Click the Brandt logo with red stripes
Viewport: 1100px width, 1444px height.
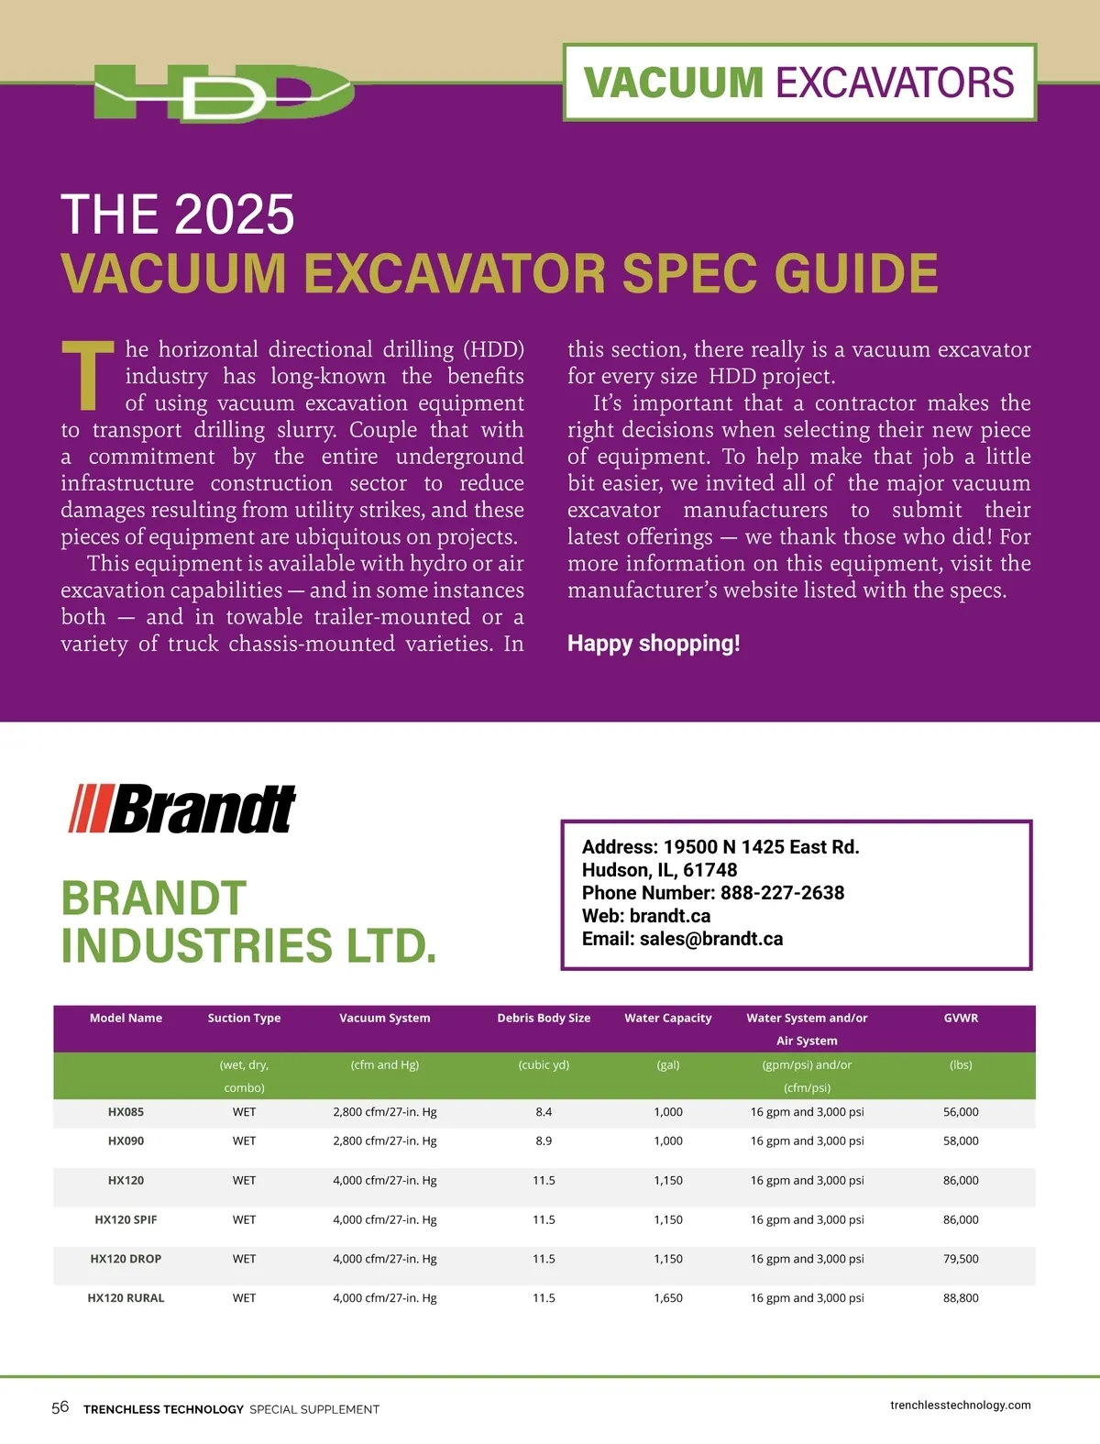click(182, 809)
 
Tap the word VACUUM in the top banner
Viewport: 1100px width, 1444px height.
click(674, 83)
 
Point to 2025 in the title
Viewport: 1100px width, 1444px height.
click(235, 215)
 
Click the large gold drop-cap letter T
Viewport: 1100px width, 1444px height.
click(87, 376)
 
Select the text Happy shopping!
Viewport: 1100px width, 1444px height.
click(654, 644)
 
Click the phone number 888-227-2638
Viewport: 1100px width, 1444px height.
click(782, 893)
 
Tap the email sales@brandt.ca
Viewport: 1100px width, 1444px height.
click(710, 939)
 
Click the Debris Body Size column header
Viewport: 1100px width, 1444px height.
click(544, 1018)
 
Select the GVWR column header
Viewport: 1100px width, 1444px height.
click(961, 1018)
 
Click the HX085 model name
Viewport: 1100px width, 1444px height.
click(126, 1112)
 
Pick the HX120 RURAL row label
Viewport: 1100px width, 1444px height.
click(126, 1298)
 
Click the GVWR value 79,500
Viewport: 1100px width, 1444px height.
click(961, 1259)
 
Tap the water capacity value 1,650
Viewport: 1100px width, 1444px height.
click(668, 1298)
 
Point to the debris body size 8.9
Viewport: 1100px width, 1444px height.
click(544, 1141)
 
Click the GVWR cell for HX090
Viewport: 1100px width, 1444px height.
click(961, 1141)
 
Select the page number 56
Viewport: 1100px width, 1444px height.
click(60, 1407)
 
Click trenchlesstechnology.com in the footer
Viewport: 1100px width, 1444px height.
click(960, 1405)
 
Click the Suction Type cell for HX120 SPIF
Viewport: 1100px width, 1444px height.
click(244, 1220)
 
